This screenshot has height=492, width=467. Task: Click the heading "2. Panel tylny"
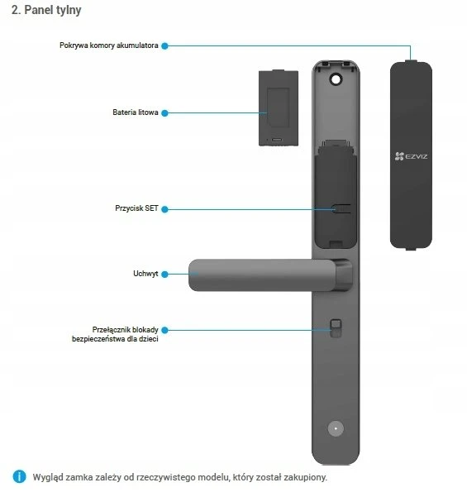click(46, 10)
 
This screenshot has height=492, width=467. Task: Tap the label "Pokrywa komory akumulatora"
click(109, 45)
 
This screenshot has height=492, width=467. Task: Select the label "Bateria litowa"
click(136, 112)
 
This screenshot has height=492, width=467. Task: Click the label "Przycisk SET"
click(136, 208)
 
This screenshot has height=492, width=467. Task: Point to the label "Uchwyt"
click(145, 274)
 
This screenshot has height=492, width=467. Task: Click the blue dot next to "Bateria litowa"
click(164, 113)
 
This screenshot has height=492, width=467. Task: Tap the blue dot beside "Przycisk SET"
click(164, 209)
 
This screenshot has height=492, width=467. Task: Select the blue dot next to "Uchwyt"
click(164, 275)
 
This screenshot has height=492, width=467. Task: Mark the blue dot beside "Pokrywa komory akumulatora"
click(164, 45)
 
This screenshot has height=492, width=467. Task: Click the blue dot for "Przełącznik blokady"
click(164, 330)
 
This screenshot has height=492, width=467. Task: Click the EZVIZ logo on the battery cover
click(411, 156)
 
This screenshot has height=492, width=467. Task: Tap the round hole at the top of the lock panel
click(336, 79)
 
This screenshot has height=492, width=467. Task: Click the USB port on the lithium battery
click(277, 140)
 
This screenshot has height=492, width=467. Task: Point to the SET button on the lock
click(341, 209)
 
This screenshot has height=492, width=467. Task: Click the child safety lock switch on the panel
click(336, 328)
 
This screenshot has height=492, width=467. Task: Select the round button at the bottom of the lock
click(336, 428)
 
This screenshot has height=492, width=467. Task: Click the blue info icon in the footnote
click(20, 476)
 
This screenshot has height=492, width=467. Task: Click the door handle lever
click(262, 275)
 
